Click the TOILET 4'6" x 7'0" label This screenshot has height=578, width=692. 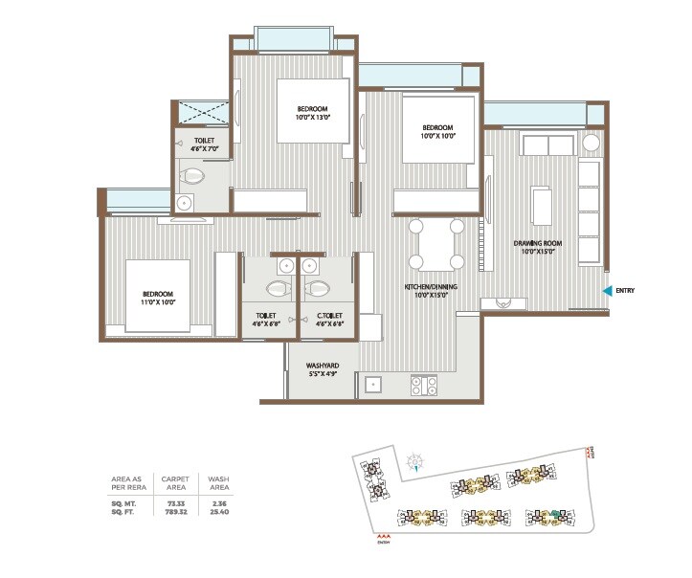[x=204, y=144]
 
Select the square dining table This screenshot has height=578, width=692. [x=435, y=244]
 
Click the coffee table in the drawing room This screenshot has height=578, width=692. [x=543, y=206]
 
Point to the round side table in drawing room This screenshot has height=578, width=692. [x=592, y=143]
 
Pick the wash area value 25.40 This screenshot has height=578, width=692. [x=218, y=511]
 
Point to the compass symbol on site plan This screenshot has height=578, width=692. [x=414, y=463]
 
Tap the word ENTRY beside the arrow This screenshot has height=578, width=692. [x=626, y=291]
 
